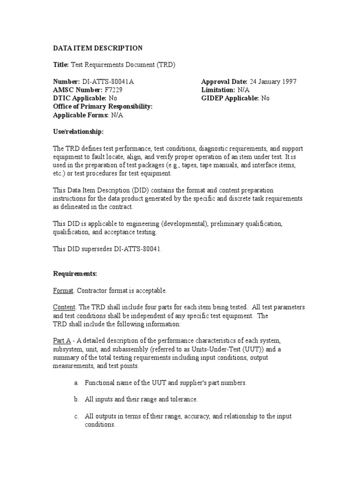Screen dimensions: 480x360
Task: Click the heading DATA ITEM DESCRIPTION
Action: (x=97, y=48)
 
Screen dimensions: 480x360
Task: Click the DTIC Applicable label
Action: (x=80, y=98)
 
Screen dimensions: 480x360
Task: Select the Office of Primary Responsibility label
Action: (x=103, y=107)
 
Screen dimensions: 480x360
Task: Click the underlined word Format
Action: (x=63, y=291)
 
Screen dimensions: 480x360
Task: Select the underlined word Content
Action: (x=64, y=307)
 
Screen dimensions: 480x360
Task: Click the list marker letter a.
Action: (x=76, y=383)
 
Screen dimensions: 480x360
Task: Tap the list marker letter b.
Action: (x=76, y=399)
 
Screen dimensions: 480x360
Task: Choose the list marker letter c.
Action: (x=76, y=416)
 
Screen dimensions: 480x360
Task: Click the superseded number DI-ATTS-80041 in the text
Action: (x=138, y=249)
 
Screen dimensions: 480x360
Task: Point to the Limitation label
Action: (x=218, y=90)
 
